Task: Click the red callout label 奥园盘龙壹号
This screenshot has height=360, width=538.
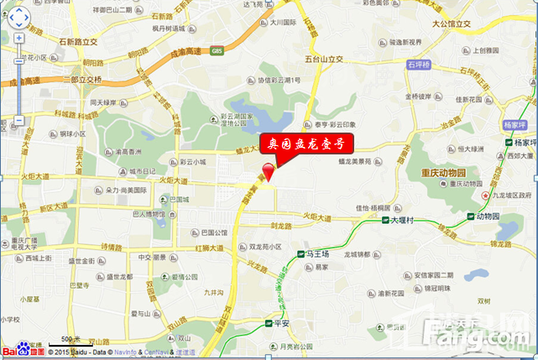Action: pyautogui.click(x=306, y=144)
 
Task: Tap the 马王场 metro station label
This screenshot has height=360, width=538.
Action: pyautogui.click(x=319, y=253)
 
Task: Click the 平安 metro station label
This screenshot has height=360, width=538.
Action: pyautogui.click(x=281, y=322)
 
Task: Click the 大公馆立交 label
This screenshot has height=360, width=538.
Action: pyautogui.click(x=452, y=25)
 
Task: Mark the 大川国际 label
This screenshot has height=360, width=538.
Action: pyautogui.click(x=283, y=23)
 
